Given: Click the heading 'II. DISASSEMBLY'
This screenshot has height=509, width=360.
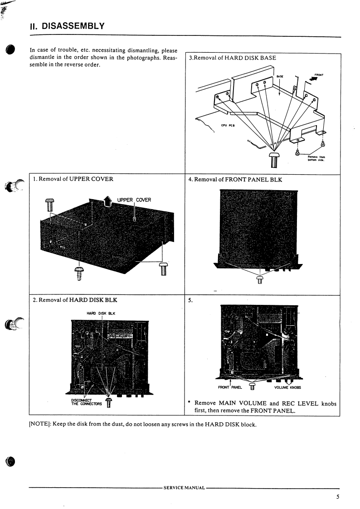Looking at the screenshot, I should (x=67, y=26).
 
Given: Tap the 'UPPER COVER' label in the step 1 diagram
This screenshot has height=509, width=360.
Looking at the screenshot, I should (x=134, y=200).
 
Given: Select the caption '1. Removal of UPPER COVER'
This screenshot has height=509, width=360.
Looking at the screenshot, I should (x=73, y=179).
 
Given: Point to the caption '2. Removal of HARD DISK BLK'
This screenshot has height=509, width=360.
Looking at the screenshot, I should (x=75, y=300).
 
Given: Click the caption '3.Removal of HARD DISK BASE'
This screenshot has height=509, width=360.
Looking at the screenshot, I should (x=232, y=58).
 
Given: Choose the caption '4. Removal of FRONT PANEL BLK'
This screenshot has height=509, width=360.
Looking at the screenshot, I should (x=235, y=180).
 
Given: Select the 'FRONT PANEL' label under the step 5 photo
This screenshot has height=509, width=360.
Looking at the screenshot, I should (x=231, y=387).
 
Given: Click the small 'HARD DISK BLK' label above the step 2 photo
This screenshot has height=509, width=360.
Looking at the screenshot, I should (x=101, y=313).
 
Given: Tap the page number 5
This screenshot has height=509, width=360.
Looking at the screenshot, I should (x=338, y=497).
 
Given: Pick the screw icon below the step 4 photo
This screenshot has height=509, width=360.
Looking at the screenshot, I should (x=260, y=279).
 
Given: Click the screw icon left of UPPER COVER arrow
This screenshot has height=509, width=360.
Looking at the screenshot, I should (x=50, y=205).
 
